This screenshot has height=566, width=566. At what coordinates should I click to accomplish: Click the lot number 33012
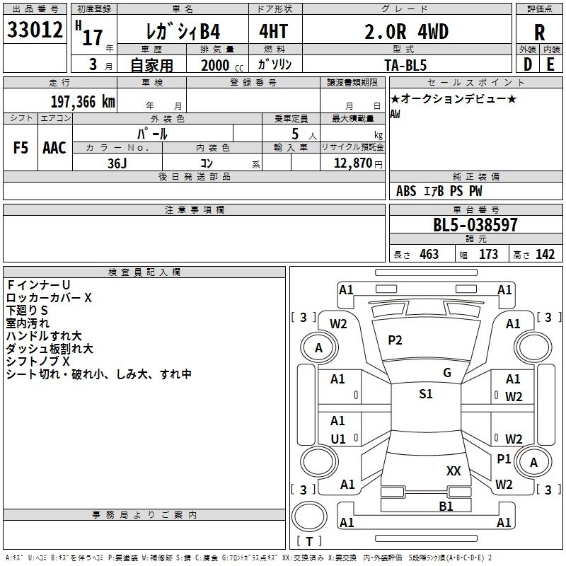click(33, 30)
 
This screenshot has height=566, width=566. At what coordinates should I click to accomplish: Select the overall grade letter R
click(539, 33)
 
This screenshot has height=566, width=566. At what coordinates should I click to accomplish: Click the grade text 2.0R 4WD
click(406, 32)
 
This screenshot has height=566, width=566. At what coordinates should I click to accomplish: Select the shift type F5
click(21, 147)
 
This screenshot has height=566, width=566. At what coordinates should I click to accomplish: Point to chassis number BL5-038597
click(475, 226)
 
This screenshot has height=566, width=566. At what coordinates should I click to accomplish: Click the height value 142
click(544, 255)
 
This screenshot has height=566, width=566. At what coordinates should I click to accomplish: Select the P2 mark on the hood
click(395, 340)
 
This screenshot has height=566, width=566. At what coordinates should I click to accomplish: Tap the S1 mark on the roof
click(425, 394)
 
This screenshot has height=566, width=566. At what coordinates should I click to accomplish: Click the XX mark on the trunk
click(454, 470)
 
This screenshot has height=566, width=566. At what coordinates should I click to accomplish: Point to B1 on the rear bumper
click(446, 506)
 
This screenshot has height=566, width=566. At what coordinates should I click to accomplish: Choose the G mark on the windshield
click(447, 373)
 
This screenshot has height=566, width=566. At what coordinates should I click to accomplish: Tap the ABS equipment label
click(406, 191)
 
